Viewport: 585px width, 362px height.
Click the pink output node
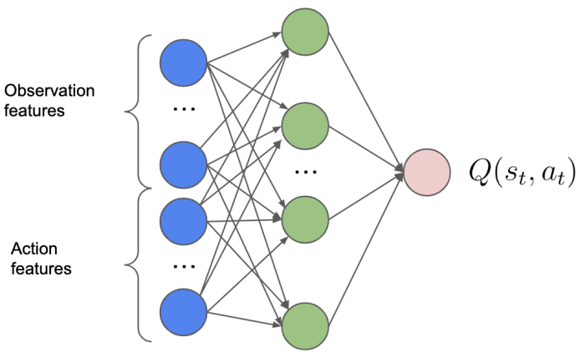427,173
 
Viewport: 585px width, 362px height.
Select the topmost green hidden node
305,32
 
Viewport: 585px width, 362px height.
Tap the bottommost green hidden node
305,326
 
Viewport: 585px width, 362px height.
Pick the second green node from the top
305,126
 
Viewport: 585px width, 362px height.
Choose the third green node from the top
305,219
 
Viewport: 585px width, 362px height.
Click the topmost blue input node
183,63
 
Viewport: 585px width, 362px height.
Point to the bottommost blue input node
183,312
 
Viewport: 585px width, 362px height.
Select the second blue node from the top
183,165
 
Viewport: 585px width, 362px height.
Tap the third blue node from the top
183,222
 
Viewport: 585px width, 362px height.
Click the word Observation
49,91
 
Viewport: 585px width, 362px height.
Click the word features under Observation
34,111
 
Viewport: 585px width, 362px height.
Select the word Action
34,249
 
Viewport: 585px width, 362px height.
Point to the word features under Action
41,269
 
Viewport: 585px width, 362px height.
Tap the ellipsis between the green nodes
306,172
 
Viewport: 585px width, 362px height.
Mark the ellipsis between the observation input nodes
185,108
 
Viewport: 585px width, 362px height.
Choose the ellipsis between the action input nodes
185,266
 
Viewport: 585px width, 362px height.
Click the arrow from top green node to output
366,102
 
